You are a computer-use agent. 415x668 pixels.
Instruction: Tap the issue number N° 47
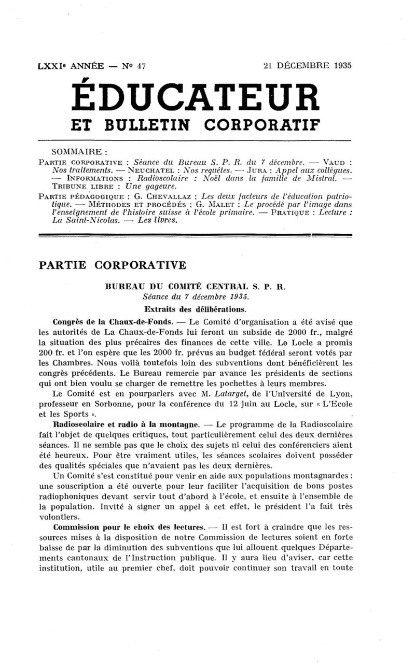pos(134,66)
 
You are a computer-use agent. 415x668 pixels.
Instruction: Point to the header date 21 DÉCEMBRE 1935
pos(307,66)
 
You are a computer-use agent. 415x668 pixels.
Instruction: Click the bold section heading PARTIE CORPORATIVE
pos(113,265)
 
